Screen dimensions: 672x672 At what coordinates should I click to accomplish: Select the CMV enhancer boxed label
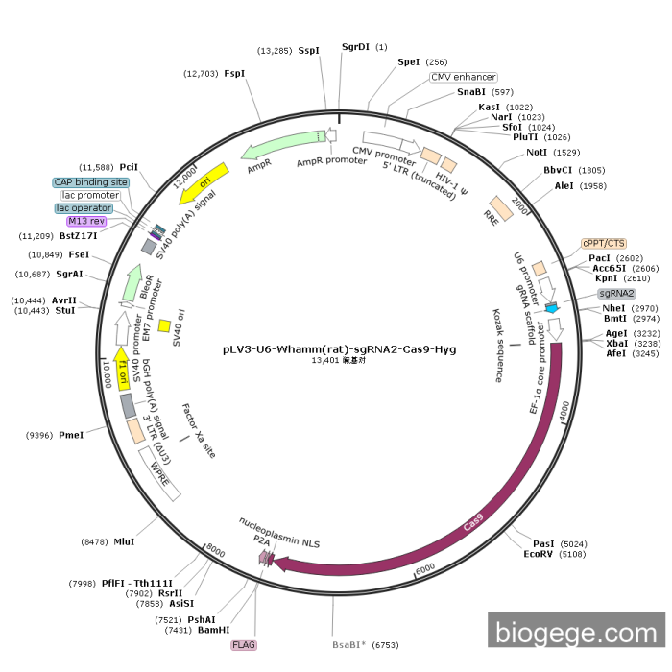[x=463, y=77]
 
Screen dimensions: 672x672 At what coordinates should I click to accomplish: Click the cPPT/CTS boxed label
[x=603, y=243]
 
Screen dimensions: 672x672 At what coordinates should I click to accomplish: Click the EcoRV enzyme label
[x=539, y=554]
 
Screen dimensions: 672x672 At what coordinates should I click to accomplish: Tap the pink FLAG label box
[x=244, y=645]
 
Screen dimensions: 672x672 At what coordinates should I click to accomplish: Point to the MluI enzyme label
[x=124, y=541]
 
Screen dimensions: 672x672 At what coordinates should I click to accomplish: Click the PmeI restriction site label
[x=71, y=435]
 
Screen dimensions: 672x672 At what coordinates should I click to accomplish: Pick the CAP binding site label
[x=90, y=181]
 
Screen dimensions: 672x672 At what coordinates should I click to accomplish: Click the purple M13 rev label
[x=86, y=221]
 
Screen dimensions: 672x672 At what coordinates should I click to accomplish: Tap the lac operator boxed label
[x=84, y=207]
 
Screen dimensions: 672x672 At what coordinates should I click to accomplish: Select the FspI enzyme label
[x=234, y=73]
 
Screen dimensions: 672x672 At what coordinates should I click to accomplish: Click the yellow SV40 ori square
[x=164, y=325]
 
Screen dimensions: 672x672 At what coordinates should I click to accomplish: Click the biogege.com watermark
[x=574, y=632]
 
